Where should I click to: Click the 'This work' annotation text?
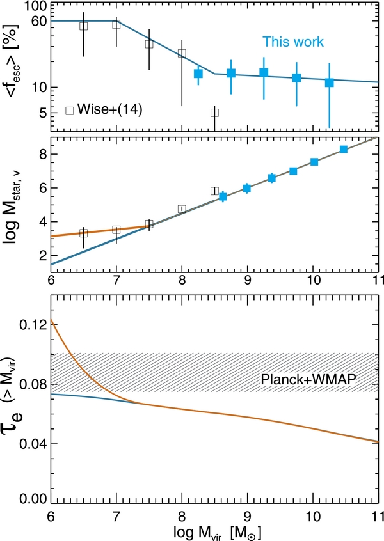click(292, 42)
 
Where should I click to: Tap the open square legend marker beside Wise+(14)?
click(69, 109)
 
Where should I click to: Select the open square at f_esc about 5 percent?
click(214, 113)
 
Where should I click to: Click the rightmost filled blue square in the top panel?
click(329, 82)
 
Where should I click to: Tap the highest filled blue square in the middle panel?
click(344, 149)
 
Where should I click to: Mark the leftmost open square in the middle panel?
click(83, 233)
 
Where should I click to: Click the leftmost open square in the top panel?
click(83, 26)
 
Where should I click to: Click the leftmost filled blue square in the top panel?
click(198, 74)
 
